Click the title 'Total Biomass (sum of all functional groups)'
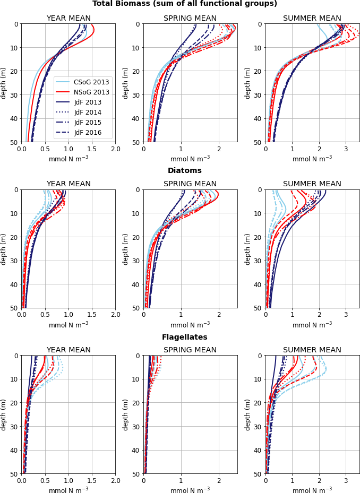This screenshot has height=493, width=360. pos(185,4)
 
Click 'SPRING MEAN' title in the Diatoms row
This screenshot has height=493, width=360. pos(190,184)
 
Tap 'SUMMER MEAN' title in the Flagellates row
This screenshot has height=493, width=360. pos(312,350)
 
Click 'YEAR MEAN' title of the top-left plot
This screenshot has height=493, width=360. pos(68,19)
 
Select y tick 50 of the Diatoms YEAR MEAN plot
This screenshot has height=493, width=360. pos(14,308)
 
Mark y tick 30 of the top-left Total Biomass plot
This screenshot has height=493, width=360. pos(14,95)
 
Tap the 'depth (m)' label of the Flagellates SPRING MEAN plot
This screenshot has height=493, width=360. pos(125,414)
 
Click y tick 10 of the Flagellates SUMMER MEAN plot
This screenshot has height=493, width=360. pos(259,379)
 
